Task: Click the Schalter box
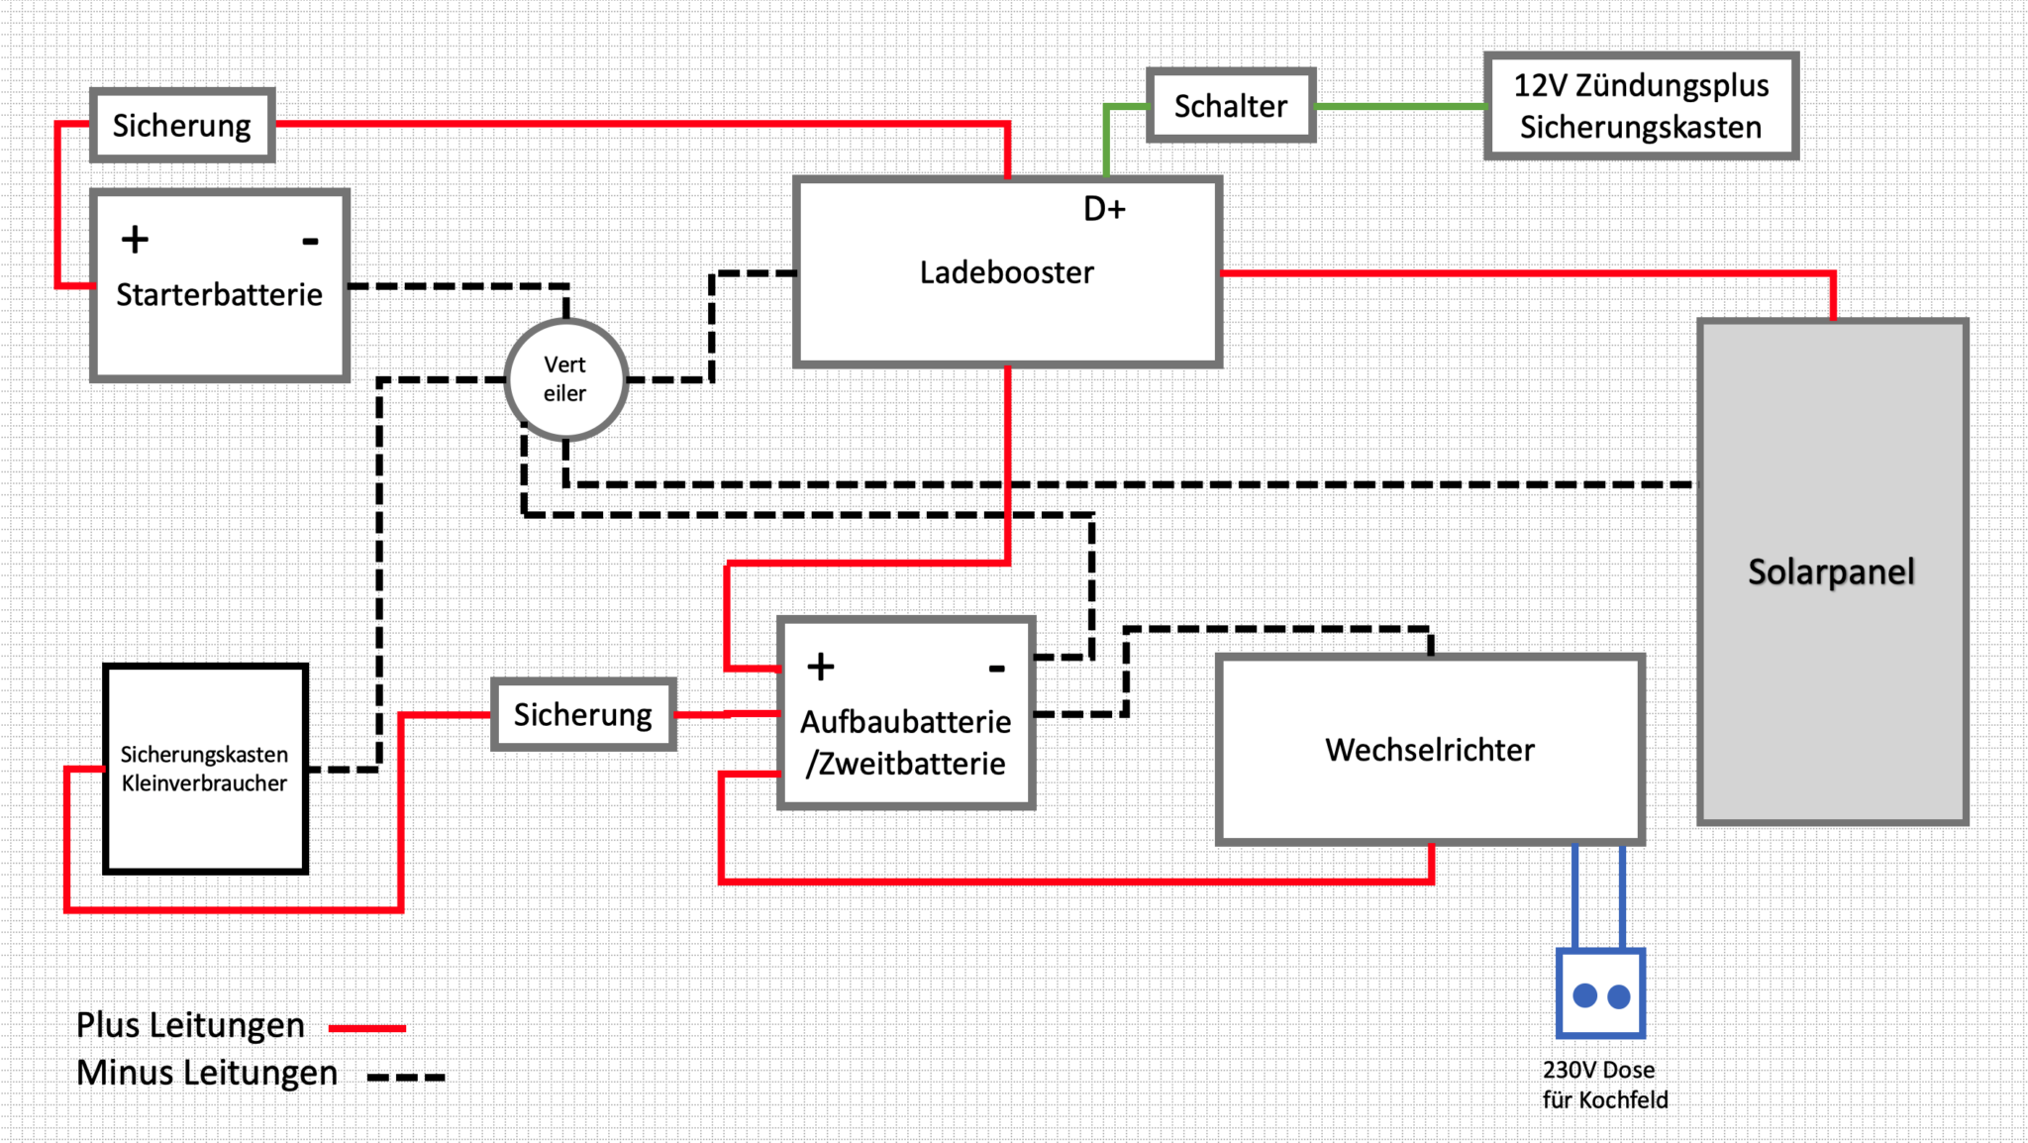(x=1231, y=106)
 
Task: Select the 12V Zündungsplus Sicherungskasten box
(x=1641, y=106)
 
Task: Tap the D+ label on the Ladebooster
(x=1104, y=209)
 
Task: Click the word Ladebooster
(x=1006, y=272)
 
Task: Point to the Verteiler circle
(x=565, y=379)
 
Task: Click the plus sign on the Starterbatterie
(x=135, y=240)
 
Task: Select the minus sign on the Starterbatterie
(x=310, y=241)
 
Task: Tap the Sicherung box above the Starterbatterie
(x=182, y=126)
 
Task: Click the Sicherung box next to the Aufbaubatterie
(x=583, y=714)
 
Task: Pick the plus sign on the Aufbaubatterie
(x=820, y=667)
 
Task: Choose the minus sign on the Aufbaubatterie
(x=997, y=669)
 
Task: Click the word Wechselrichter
(x=1430, y=750)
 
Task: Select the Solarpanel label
(x=1831, y=571)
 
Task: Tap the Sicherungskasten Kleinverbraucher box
(x=205, y=769)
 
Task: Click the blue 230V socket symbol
(x=1600, y=993)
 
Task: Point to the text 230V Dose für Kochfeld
(x=1604, y=1085)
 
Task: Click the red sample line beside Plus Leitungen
(x=367, y=1028)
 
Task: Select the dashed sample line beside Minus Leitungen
(x=406, y=1077)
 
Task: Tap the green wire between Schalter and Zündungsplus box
(x=1400, y=106)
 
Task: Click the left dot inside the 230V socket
(x=1584, y=995)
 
